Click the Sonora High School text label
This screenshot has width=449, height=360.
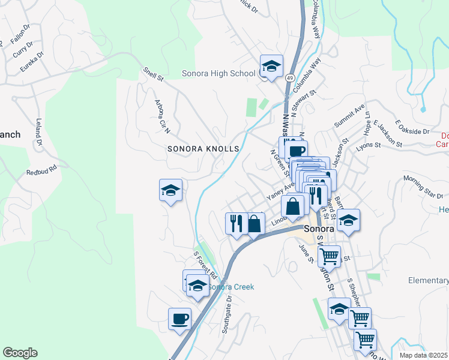pyautogui.click(x=218, y=74)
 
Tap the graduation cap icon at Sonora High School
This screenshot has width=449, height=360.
pyautogui.click(x=271, y=65)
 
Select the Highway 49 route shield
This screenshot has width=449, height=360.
pyautogui.click(x=289, y=78)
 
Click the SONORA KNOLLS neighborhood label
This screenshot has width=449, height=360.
pyautogui.click(x=203, y=148)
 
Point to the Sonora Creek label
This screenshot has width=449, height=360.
pyautogui.click(x=231, y=287)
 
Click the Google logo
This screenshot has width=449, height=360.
pyautogui.click(x=20, y=353)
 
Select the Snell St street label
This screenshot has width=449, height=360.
pyautogui.click(x=153, y=74)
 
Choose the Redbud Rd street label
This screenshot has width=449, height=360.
pyautogui.click(x=41, y=172)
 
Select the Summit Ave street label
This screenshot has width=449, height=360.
pyautogui.click(x=349, y=116)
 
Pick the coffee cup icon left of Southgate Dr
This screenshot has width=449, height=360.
pyautogui.click(x=179, y=318)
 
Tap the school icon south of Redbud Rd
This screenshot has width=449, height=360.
pyautogui.click(x=171, y=190)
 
